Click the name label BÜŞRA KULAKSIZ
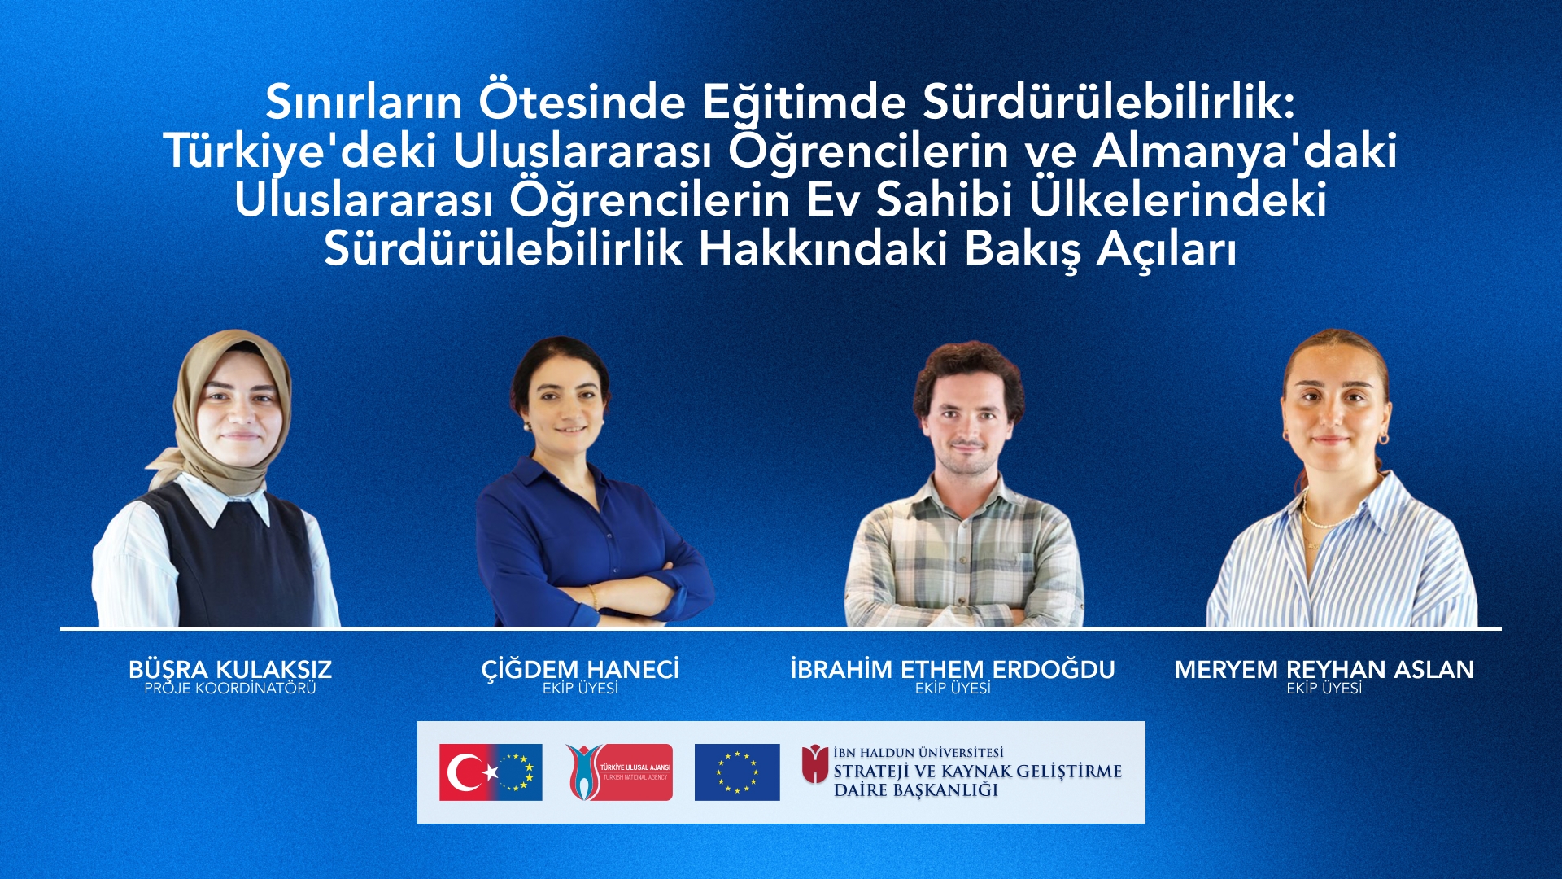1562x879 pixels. pos(230,669)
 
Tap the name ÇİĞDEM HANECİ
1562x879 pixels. pos(580,669)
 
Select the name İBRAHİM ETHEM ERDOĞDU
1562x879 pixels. pos(953,669)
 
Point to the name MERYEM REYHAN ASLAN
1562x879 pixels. pos(1324,669)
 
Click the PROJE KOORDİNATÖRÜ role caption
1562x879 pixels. pos(230,689)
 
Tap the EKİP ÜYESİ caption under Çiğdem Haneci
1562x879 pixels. pos(580,689)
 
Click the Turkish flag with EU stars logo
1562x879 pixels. pos(491,772)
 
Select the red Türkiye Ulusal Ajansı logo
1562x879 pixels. pos(620,772)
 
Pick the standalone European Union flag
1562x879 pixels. pos(737,772)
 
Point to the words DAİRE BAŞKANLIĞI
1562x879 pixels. pos(916,790)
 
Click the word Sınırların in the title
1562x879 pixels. pos(364,103)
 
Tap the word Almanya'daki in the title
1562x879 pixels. pos(1245,151)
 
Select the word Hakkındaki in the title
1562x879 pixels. pos(822,249)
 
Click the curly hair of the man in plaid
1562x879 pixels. pos(968,366)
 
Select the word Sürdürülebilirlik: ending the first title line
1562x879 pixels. pos(1108,103)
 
